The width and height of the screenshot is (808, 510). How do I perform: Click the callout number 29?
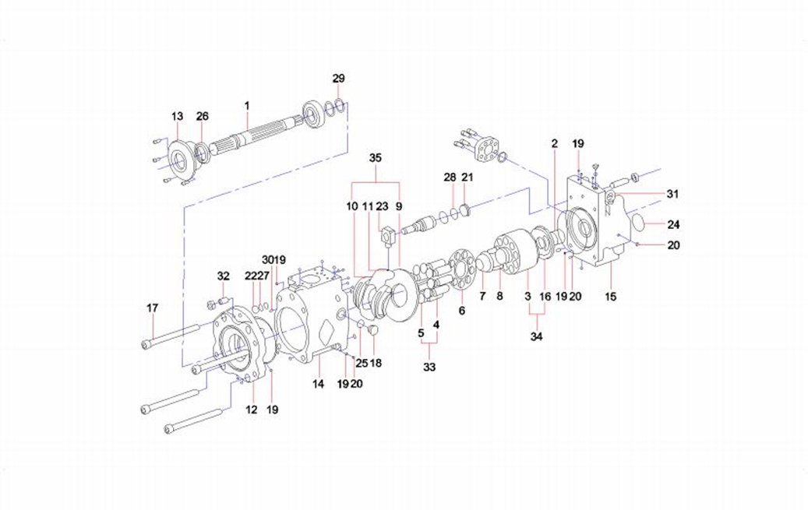pyautogui.click(x=338, y=79)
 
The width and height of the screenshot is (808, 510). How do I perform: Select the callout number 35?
pyautogui.click(x=376, y=158)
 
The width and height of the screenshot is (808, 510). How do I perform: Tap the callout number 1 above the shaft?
pyautogui.click(x=246, y=104)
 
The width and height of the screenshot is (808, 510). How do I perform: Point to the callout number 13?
pyautogui.click(x=177, y=117)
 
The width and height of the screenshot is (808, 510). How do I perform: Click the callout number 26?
pyautogui.click(x=203, y=117)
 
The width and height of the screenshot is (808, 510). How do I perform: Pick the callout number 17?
pyautogui.click(x=153, y=308)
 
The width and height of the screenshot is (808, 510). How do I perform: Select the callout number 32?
pyautogui.click(x=224, y=276)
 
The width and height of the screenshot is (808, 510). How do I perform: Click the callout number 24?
pyautogui.click(x=673, y=225)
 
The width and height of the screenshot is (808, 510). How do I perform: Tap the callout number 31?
pyautogui.click(x=672, y=193)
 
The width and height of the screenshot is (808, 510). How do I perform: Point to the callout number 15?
pyautogui.click(x=610, y=297)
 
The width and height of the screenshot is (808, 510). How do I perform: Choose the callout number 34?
pyautogui.click(x=536, y=337)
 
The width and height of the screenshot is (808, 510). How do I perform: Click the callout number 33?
pyautogui.click(x=429, y=367)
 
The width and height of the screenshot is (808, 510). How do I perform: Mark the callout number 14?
pyautogui.click(x=318, y=384)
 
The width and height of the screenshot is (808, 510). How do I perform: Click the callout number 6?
pyautogui.click(x=462, y=310)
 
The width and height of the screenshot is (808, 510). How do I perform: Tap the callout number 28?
pyautogui.click(x=450, y=178)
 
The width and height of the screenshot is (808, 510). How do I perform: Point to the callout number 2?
pyautogui.click(x=555, y=143)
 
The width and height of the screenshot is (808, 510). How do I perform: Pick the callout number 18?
pyautogui.click(x=376, y=363)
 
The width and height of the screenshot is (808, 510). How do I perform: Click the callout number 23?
pyautogui.click(x=382, y=207)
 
